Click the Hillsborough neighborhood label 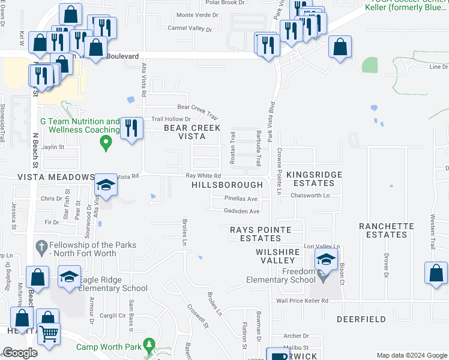(x=227, y=185)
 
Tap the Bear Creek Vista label (x=193, y=132)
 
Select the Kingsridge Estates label (x=314, y=178)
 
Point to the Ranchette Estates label (x=387, y=230)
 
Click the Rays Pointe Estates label (x=261, y=234)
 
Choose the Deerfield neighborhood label (x=361, y=319)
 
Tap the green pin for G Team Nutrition (x=106, y=143)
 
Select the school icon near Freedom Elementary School (x=325, y=259)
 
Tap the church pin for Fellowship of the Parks (x=41, y=246)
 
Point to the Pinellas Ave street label (x=241, y=198)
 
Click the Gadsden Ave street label (x=241, y=211)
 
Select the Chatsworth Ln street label (x=310, y=196)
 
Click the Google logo (x=20, y=353)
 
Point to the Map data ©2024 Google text (x=411, y=355)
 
